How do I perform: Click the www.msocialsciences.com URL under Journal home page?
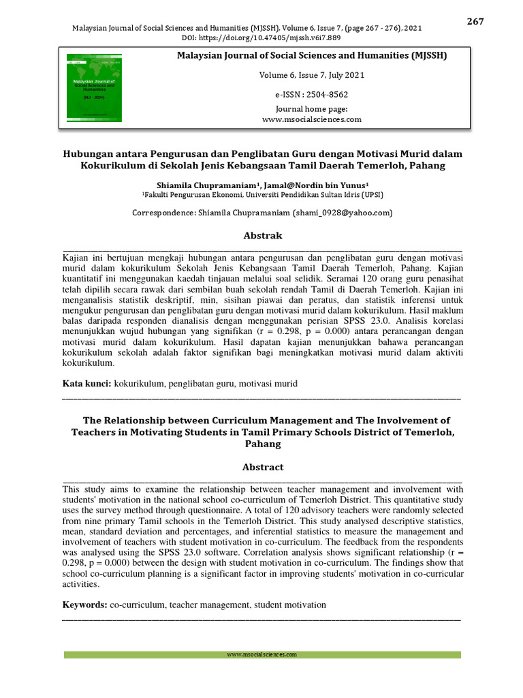pyautogui.click(x=312, y=119)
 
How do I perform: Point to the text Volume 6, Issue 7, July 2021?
pyautogui.click(x=312, y=75)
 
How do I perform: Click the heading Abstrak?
pyautogui.click(x=262, y=235)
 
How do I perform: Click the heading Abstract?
pyautogui.click(x=262, y=467)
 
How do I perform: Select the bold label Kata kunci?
pyautogui.click(x=86, y=384)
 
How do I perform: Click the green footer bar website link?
pyautogui.click(x=262, y=654)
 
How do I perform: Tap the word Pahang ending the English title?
pyautogui.click(x=262, y=444)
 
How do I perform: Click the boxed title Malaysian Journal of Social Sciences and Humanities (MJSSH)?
pyautogui.click(x=312, y=55)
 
